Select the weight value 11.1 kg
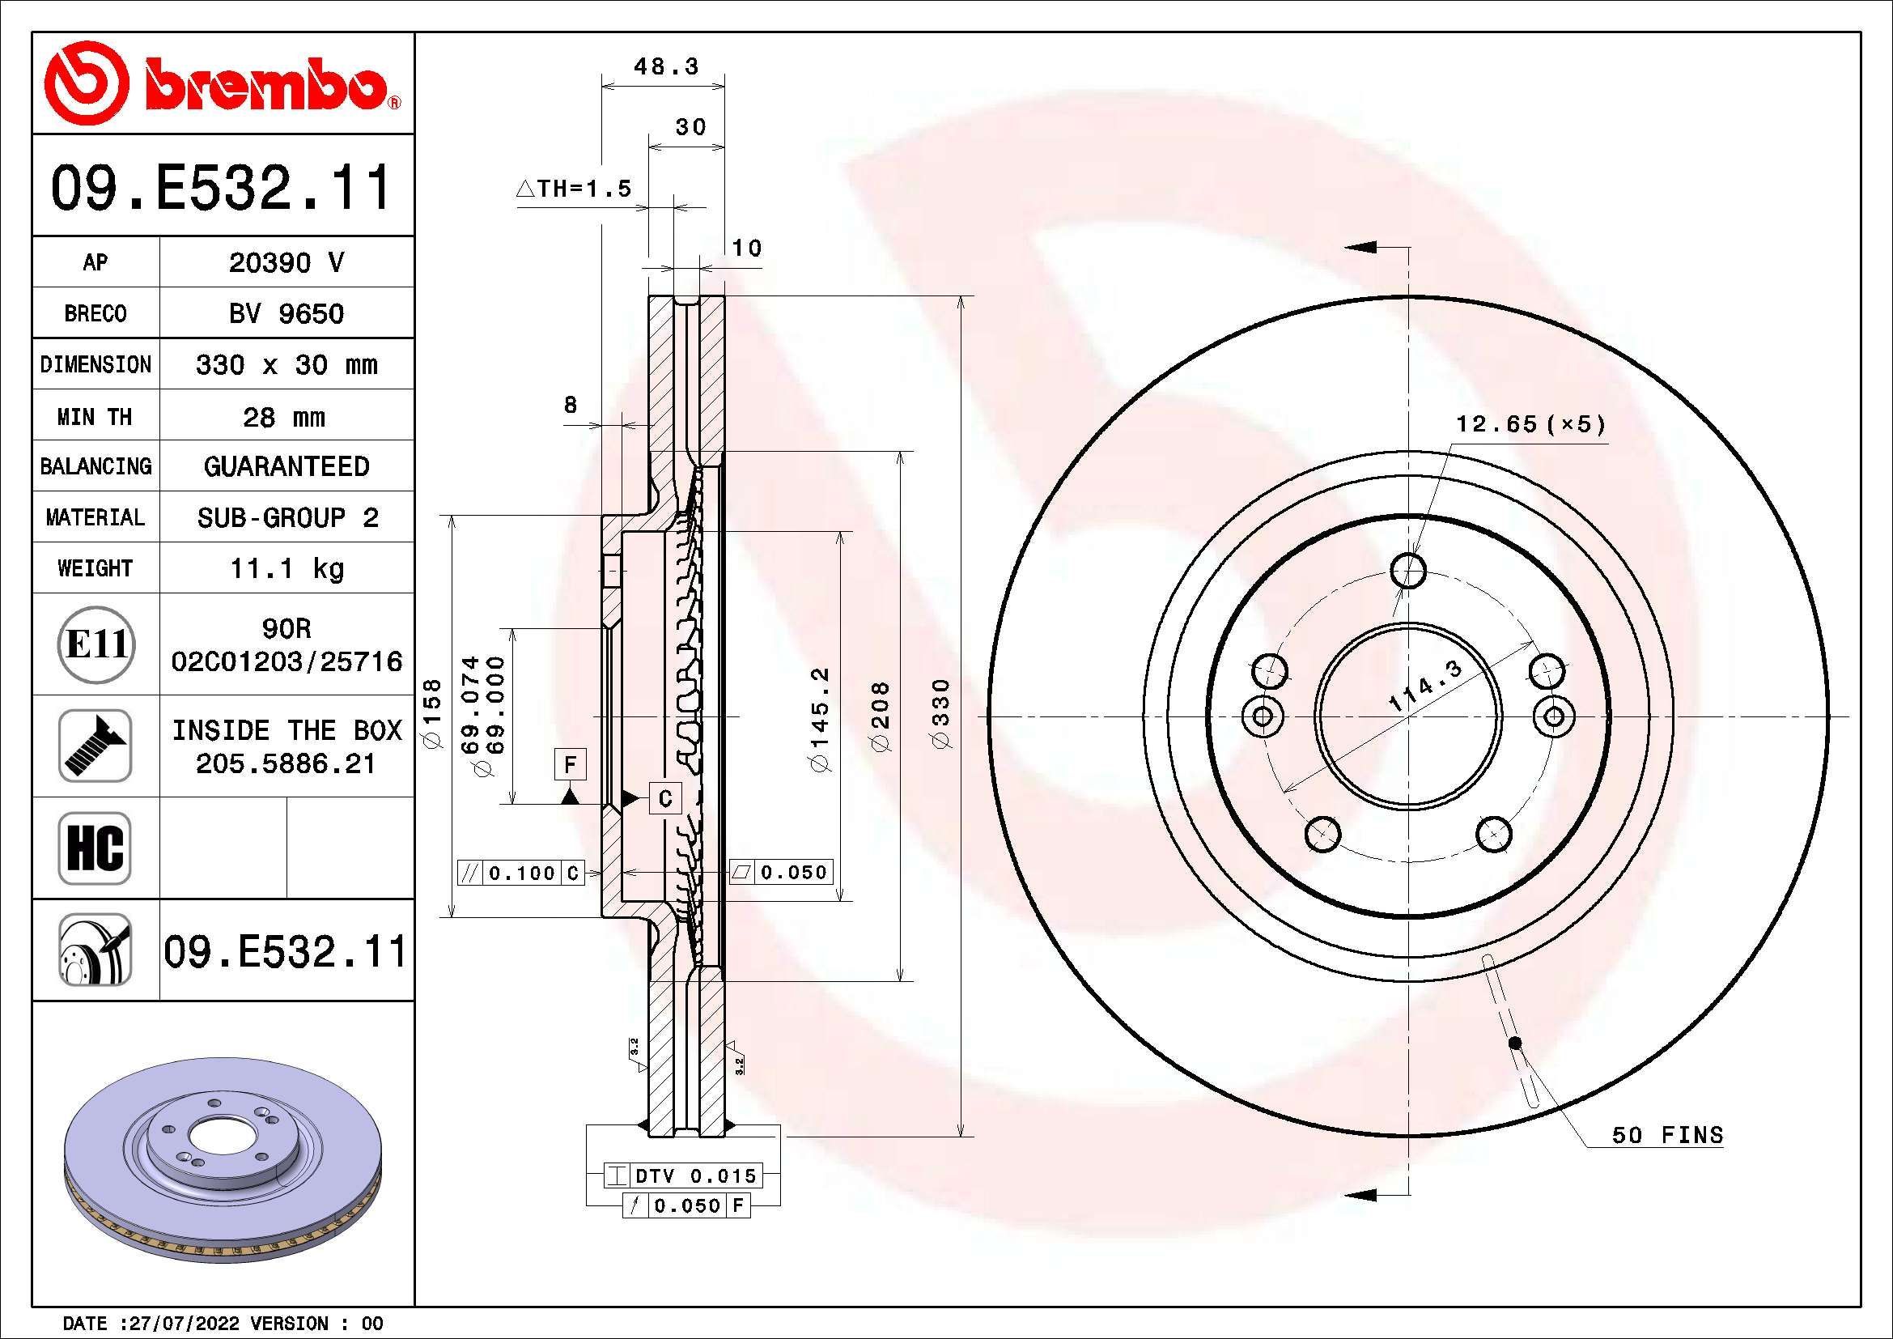pyautogui.click(x=286, y=568)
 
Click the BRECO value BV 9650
pyautogui.click(x=286, y=313)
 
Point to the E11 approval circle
pyautogui.click(x=95, y=644)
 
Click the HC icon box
pyautogui.click(x=95, y=848)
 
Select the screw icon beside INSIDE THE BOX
pyautogui.click(x=95, y=746)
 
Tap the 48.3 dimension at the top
pyautogui.click(x=665, y=66)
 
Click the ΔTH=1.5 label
pyautogui.click(x=575, y=189)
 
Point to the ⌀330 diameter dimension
pyautogui.click(x=942, y=714)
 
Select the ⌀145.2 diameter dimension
pyautogui.click(x=822, y=719)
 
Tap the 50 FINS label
pyautogui.click(x=1667, y=1135)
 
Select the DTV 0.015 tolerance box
pyautogui.click(x=683, y=1175)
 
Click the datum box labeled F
pyautogui.click(x=570, y=764)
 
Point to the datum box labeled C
pyautogui.click(x=665, y=798)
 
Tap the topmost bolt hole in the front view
pyautogui.click(x=1408, y=570)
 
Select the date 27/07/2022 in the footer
pyautogui.click(x=179, y=1324)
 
